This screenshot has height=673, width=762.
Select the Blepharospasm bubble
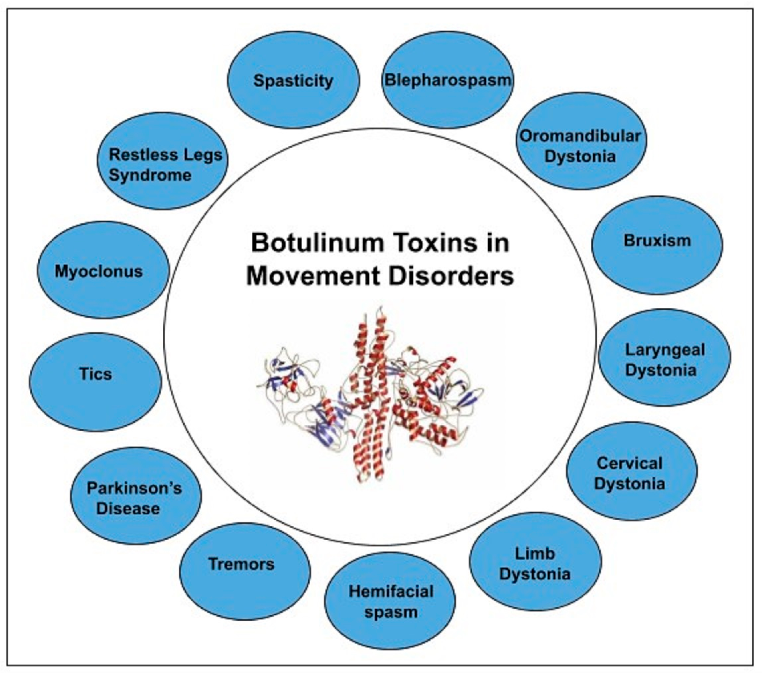pos(447,80)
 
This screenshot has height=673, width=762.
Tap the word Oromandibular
pos(580,136)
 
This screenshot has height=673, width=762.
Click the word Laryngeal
pos(665,350)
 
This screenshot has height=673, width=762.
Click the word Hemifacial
pos(391,591)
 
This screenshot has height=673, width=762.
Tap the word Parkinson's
pos(134,488)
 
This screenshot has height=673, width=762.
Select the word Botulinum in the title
pos(317,243)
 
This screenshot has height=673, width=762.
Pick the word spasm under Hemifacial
pos(391,612)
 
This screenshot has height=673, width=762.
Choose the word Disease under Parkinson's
pos(128,508)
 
